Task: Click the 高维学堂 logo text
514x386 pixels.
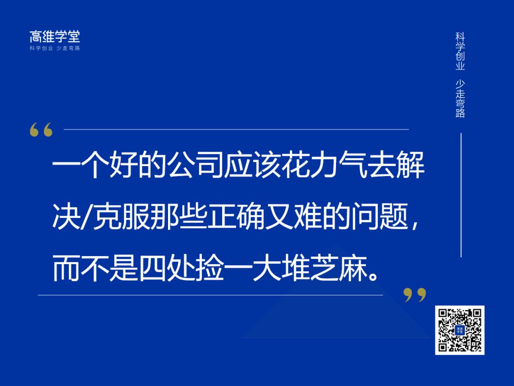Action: coord(55,37)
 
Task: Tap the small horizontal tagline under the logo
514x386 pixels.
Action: coord(55,48)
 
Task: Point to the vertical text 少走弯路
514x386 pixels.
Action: coord(460,98)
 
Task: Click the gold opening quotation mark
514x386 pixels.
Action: coord(41,130)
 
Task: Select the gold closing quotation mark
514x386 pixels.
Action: coord(415,295)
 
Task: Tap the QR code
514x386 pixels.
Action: coord(459,330)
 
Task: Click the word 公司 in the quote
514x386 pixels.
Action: coord(197,167)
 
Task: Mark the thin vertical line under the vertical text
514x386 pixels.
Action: coord(461,195)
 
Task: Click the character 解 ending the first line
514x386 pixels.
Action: coord(410,167)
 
